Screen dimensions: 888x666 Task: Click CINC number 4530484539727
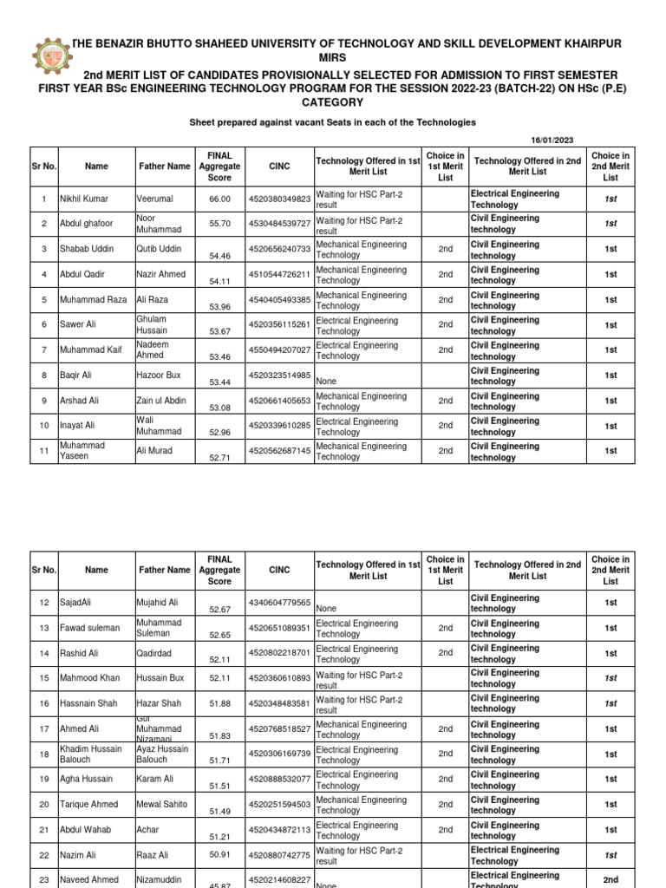click(x=279, y=225)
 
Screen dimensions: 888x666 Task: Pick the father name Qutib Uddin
click(x=160, y=250)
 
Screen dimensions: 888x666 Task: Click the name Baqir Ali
click(x=77, y=375)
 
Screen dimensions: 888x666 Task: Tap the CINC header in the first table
click(x=279, y=166)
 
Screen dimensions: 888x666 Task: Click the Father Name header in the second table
click(x=164, y=570)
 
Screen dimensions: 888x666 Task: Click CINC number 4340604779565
click(x=279, y=603)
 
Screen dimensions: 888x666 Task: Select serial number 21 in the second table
click(x=43, y=830)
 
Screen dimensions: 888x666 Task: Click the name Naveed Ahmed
click(x=89, y=880)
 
